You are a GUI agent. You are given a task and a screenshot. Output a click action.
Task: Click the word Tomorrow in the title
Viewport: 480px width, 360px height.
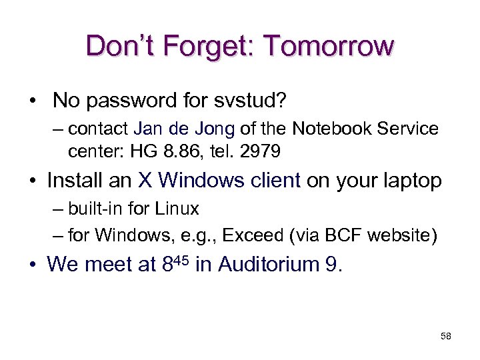[329, 46]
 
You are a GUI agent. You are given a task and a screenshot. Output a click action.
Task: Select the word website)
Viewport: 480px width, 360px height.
[399, 235]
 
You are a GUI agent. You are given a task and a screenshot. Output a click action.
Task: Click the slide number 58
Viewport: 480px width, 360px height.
[446, 337]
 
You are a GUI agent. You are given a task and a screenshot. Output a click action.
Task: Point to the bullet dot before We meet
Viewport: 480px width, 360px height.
[33, 265]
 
